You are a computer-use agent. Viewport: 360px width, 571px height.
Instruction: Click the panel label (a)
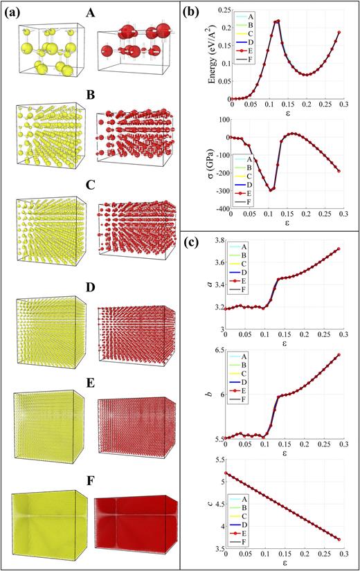point(15,12)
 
